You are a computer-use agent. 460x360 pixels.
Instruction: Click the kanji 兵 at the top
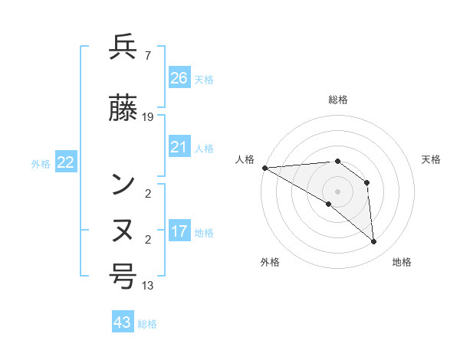click(x=123, y=48)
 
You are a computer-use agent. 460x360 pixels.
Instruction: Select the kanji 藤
click(x=123, y=110)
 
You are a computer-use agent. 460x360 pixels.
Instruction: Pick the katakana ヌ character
click(x=123, y=230)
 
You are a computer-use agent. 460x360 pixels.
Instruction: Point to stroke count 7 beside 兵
click(x=147, y=55)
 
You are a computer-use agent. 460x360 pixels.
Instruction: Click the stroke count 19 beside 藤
click(x=148, y=117)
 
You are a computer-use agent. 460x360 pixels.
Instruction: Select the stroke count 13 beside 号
click(x=148, y=286)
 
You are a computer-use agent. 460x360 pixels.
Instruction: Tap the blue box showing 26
click(x=179, y=78)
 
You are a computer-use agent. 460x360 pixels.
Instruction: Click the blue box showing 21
click(x=179, y=147)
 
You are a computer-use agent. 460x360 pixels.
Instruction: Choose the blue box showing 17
click(x=179, y=231)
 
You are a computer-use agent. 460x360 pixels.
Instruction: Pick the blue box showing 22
click(x=65, y=162)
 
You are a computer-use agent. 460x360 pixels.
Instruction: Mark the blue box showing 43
click(x=123, y=322)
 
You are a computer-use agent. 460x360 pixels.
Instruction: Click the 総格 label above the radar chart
click(x=337, y=100)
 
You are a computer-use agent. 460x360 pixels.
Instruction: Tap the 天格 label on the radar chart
click(x=432, y=159)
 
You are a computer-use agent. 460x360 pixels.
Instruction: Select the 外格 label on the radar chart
click(x=270, y=262)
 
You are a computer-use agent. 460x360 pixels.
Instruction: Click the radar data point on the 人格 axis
click(x=264, y=168)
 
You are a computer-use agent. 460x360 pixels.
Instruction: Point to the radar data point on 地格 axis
click(x=374, y=242)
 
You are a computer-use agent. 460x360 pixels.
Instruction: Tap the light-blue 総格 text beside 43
click(x=147, y=324)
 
